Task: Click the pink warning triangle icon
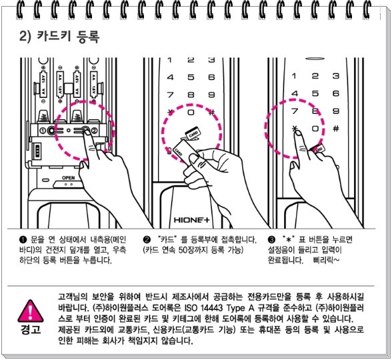point(31,311)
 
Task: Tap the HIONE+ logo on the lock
point(191,220)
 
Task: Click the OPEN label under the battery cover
point(68,178)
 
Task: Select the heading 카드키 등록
point(68,37)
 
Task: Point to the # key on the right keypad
point(336,129)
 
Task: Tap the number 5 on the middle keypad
point(191,77)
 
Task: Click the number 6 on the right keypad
point(336,93)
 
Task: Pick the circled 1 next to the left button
point(43,130)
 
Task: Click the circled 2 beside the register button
point(94,131)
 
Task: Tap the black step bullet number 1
point(23,240)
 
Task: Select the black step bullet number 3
point(271,240)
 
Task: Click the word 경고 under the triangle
point(31,329)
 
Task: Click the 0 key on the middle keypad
point(191,113)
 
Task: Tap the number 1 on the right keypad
point(294,76)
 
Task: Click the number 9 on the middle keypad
point(211,95)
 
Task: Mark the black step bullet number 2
point(147,240)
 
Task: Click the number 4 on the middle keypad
point(170,77)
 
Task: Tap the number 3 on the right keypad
point(336,76)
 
